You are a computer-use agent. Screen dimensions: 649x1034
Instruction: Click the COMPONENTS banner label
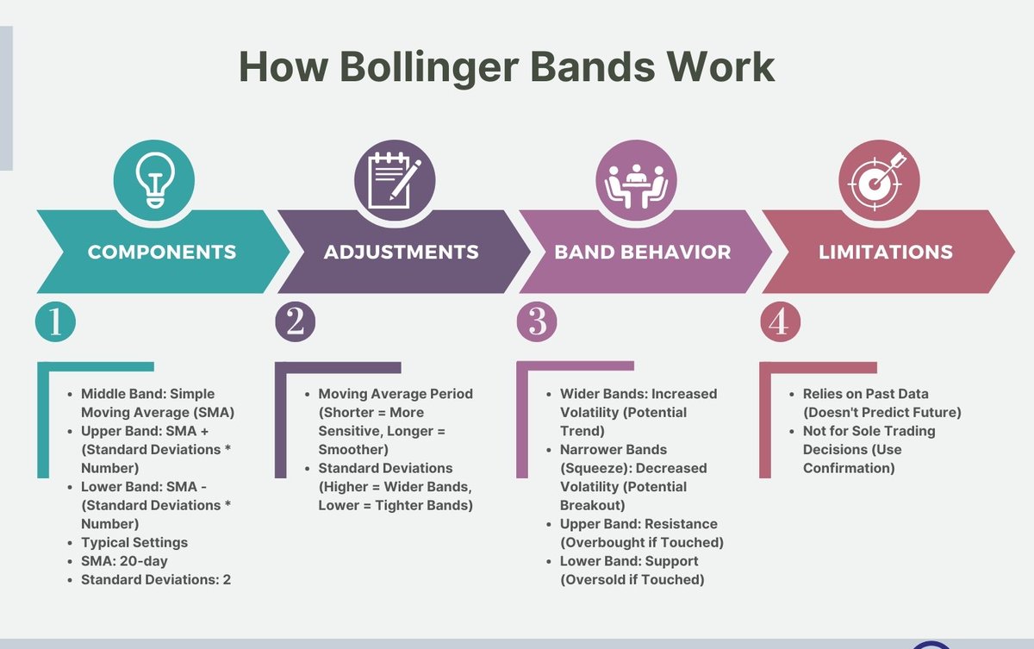point(162,253)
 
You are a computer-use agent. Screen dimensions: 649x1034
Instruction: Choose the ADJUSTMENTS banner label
point(402,253)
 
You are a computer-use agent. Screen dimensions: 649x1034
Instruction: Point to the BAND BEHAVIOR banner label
point(643,253)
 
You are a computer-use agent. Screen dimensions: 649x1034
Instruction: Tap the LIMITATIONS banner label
point(886,253)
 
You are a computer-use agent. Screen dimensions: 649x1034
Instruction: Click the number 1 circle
point(55,321)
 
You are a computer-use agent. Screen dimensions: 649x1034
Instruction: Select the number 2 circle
point(296,321)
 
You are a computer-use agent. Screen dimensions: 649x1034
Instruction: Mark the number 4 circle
point(780,321)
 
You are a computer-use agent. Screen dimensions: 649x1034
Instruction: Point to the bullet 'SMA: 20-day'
point(124,561)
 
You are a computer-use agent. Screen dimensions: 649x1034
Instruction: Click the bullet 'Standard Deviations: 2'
point(156,580)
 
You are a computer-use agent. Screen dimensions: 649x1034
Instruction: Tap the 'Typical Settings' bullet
point(134,543)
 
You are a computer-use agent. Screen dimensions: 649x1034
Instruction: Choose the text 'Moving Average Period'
point(396,394)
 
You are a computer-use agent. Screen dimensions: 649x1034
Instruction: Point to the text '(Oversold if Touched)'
point(632,580)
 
